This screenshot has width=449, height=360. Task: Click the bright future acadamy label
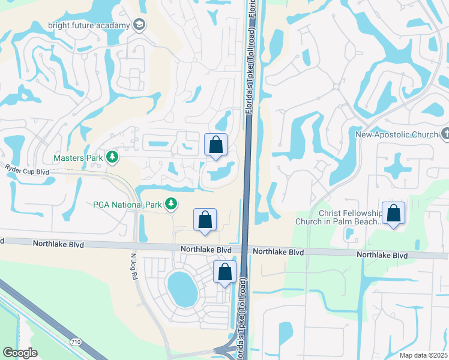tap(97, 25)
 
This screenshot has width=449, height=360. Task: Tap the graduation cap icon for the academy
tap(139, 25)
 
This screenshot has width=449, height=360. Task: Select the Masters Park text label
tap(78, 158)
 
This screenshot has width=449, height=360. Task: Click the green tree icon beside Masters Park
tap(112, 157)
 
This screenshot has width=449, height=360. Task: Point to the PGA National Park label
tap(127, 205)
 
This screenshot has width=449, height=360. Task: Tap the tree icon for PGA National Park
tap(171, 205)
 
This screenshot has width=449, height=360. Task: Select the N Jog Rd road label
tap(134, 264)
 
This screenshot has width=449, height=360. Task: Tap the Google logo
tap(20, 352)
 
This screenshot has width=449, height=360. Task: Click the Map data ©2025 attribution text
tap(423, 355)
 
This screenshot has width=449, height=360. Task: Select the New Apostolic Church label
tap(405, 134)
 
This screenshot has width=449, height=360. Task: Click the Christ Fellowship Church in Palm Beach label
tap(339, 217)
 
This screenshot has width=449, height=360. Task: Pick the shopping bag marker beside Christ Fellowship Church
tap(393, 213)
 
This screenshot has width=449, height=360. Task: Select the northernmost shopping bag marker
tap(216, 145)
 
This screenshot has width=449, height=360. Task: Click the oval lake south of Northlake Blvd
tap(182, 287)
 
